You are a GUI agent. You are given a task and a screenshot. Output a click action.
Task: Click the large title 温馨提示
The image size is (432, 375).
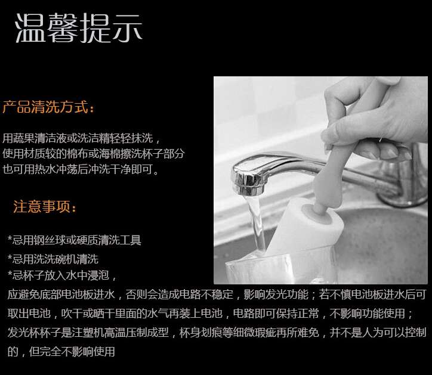point(79,28)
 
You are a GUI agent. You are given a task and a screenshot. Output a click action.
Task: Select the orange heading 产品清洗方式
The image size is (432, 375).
point(48,107)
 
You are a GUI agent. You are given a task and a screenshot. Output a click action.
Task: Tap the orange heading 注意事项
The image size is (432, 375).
point(44,206)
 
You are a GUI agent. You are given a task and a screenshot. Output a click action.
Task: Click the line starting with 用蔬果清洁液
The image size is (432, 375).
point(81,138)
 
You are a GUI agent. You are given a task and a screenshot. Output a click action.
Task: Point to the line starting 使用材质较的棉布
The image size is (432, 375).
point(94,153)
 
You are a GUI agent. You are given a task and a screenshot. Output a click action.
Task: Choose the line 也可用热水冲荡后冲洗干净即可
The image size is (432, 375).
point(81,169)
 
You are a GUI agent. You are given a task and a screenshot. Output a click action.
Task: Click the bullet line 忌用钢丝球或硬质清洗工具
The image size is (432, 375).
point(75,240)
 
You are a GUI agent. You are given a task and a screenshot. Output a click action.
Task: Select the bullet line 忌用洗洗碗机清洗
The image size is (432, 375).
point(53,259)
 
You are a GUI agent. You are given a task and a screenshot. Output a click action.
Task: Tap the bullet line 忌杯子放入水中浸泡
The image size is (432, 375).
point(62,275)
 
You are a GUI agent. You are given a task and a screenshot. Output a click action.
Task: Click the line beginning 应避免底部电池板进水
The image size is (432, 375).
point(217,295)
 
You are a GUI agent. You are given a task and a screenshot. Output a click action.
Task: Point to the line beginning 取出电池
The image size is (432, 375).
point(210,314)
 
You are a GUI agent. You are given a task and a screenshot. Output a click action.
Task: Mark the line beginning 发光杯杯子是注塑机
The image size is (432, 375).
point(217,332)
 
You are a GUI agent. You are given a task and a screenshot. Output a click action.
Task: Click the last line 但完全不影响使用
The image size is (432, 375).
point(61,351)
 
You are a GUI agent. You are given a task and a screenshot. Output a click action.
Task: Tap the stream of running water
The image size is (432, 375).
point(255,223)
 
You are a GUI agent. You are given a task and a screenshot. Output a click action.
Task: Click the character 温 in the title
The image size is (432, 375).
point(30,28)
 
